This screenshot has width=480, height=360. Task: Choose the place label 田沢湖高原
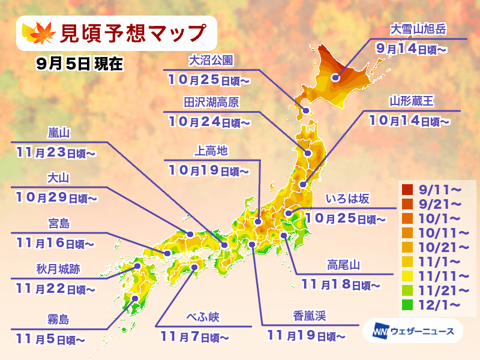(x=203, y=103)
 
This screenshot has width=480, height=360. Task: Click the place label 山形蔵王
(x=411, y=101)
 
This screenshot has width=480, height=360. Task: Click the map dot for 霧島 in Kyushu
(x=134, y=298)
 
